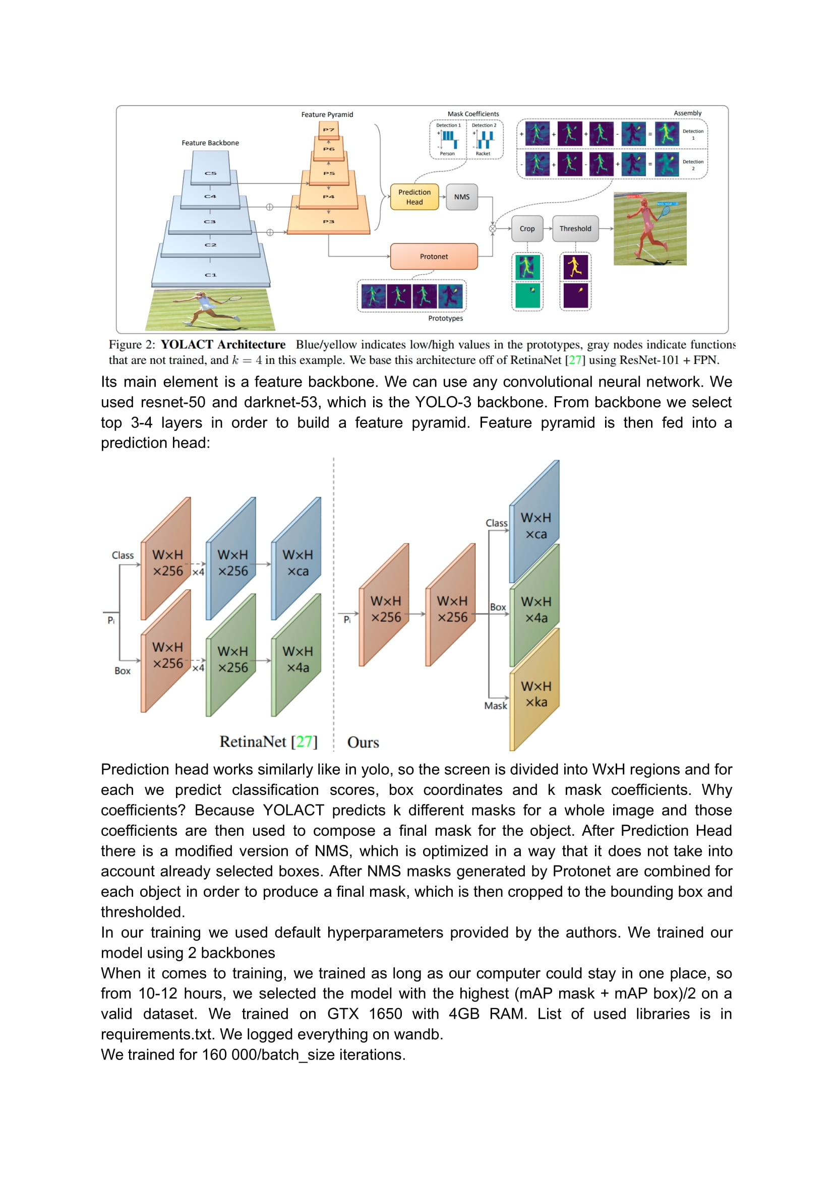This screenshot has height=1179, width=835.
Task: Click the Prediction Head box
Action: click(414, 197)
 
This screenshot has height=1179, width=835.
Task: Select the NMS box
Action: click(462, 197)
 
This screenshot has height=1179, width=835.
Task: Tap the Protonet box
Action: click(434, 257)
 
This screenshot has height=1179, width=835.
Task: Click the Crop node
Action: click(527, 229)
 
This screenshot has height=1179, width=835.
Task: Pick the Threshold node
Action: click(575, 229)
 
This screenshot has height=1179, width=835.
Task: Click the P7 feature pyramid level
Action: click(329, 129)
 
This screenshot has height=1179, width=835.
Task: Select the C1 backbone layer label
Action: click(211, 275)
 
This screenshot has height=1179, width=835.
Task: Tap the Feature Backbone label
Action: click(210, 143)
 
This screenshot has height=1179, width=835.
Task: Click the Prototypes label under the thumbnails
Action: click(445, 319)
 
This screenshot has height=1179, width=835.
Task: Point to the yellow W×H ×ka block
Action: click(536, 694)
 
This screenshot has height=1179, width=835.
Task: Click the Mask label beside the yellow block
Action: click(496, 706)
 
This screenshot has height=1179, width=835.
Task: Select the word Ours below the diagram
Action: click(363, 742)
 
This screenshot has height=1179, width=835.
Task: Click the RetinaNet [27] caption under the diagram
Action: click(268, 741)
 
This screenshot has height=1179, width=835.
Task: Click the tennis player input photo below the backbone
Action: click(210, 309)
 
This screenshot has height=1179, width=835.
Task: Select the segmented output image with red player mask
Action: click(650, 229)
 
